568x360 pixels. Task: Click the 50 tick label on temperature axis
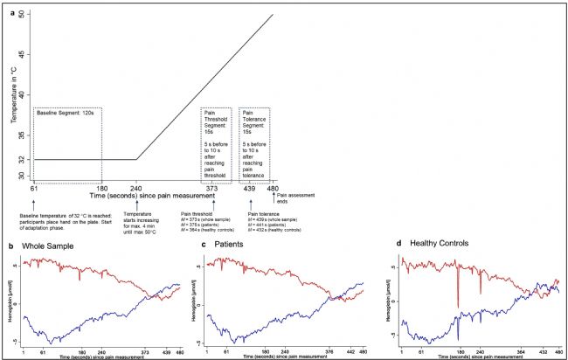[22, 15]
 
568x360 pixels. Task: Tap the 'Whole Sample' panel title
[42, 247]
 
